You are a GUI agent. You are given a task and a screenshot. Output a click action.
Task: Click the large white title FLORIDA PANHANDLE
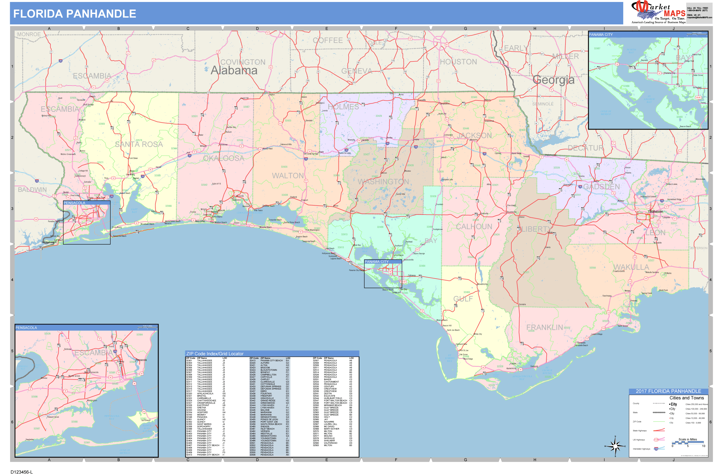pos(75,14)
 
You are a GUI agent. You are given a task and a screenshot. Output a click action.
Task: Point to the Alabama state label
pos(234,70)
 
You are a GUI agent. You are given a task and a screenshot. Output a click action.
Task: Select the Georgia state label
pos(553,80)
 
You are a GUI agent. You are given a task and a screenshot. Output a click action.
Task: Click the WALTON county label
pos(287,176)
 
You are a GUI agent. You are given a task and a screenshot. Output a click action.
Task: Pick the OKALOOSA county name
pos(224,158)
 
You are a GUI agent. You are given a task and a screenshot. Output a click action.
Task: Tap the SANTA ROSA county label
pos(139,144)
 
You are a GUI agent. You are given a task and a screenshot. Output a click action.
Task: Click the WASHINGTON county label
pos(383,182)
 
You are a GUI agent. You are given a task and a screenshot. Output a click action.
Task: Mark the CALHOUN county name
pos(474,227)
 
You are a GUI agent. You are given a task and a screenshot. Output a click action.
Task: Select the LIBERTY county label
pos(535,229)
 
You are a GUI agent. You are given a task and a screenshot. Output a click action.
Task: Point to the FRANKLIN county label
pos(545,328)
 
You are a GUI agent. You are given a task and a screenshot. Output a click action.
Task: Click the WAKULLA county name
pos(631,267)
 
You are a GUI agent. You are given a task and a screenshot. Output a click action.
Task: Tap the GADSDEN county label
pos(601,187)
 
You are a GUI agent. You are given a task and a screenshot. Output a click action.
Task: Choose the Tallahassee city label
pos(655,211)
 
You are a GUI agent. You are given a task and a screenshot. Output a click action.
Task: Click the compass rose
pos(615,446)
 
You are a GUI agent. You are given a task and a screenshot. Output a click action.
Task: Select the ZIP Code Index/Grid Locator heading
pos(215,354)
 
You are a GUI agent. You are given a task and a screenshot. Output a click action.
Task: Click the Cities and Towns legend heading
pos(686,398)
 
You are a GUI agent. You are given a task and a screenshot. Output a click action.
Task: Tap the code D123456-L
pos(22,472)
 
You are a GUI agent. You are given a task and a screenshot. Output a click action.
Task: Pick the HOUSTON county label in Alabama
pos(458,62)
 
